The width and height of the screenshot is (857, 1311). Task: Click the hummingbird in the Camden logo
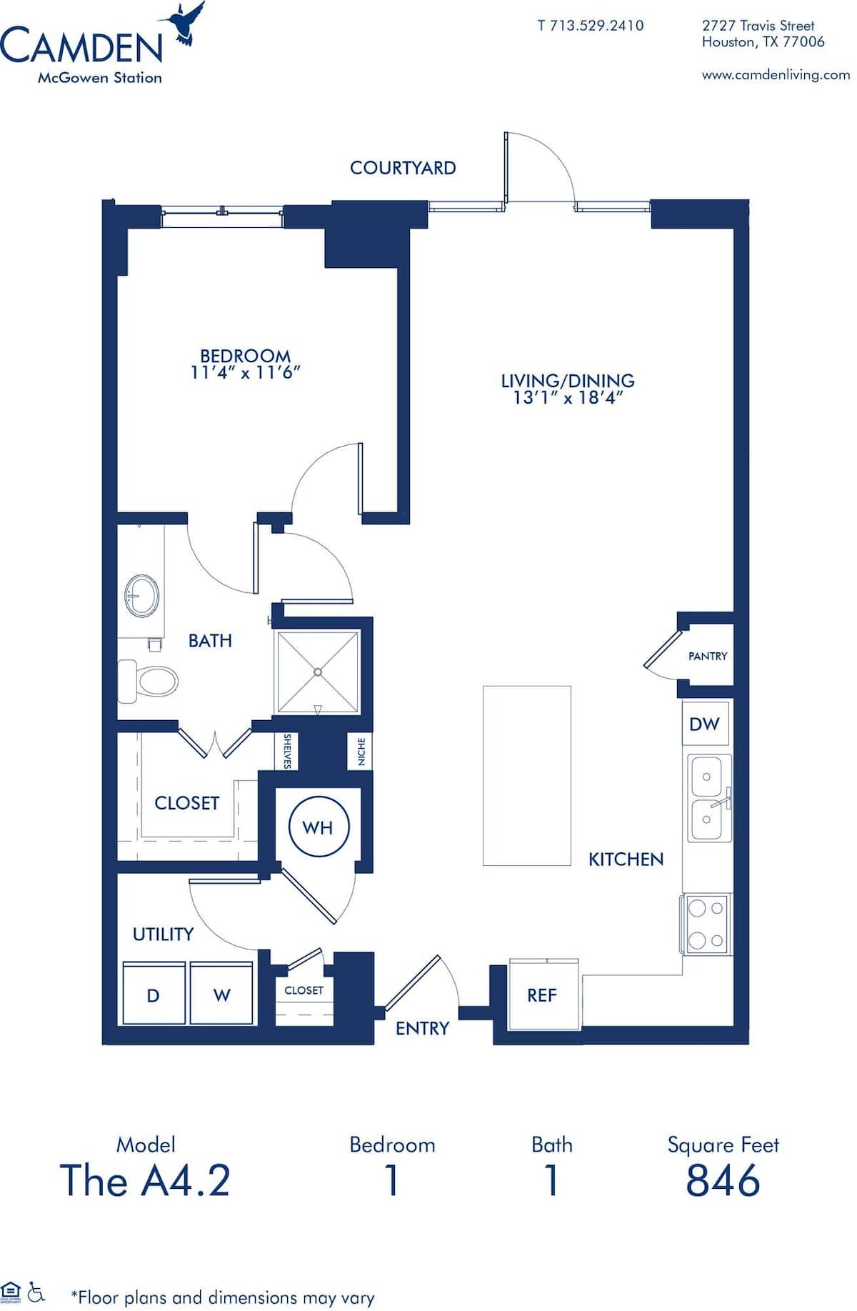[184, 23]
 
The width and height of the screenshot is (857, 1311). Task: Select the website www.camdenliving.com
[776, 74]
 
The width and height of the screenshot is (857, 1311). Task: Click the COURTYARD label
[403, 168]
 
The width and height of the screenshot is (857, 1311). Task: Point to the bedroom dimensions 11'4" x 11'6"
[245, 372]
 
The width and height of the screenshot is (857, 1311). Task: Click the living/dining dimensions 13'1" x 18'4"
[568, 398]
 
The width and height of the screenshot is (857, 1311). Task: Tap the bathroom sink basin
[142, 596]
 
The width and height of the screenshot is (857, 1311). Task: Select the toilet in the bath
[150, 681]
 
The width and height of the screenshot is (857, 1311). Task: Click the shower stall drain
[317, 672]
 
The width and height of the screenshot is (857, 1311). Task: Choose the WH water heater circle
[319, 827]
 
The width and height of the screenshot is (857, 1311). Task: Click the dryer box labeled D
[153, 995]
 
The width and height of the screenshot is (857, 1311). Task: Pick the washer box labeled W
[221, 995]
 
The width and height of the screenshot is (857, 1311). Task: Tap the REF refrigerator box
[542, 995]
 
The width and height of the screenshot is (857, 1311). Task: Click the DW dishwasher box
[704, 724]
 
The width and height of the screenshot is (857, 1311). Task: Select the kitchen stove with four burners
[706, 924]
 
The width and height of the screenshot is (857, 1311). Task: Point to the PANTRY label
[708, 656]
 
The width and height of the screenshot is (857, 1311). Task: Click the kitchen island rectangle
[527, 775]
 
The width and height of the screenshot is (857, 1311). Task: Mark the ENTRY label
[422, 1028]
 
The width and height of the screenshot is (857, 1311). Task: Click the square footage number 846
[723, 1180]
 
